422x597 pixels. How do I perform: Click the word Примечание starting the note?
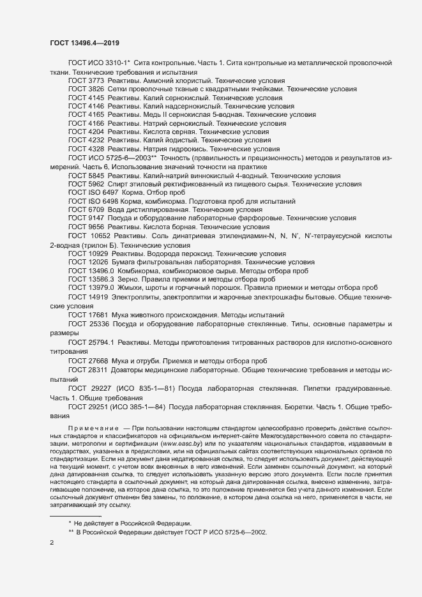pos(94,426)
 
